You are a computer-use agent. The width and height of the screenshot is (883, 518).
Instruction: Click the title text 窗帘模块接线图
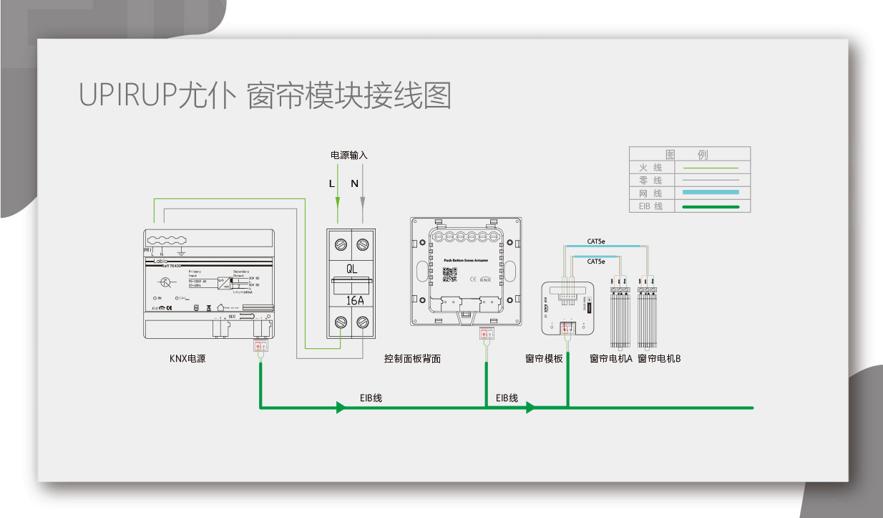click(348, 96)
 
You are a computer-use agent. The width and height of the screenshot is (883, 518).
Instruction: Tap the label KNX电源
click(187, 358)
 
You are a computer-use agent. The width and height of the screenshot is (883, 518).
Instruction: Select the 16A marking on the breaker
click(351, 300)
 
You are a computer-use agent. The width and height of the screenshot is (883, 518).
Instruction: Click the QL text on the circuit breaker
click(351, 269)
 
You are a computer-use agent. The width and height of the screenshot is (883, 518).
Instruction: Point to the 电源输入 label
click(348, 155)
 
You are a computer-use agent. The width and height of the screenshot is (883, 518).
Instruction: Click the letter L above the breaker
click(331, 183)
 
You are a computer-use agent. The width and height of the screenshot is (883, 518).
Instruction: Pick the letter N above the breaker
click(354, 183)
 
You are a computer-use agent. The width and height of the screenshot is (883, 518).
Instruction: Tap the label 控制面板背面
click(412, 358)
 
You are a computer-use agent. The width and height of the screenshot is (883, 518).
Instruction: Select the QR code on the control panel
click(449, 274)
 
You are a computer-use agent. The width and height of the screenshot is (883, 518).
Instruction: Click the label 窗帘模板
click(544, 358)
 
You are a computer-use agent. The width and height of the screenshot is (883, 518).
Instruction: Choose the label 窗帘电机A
click(611, 358)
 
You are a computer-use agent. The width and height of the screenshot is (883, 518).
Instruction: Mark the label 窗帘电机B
click(659, 358)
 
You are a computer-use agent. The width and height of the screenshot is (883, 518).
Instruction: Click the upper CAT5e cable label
click(596, 241)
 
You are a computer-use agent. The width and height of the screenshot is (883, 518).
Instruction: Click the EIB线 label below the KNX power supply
click(371, 398)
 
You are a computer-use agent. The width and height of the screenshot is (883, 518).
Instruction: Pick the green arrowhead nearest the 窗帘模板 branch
click(530, 408)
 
